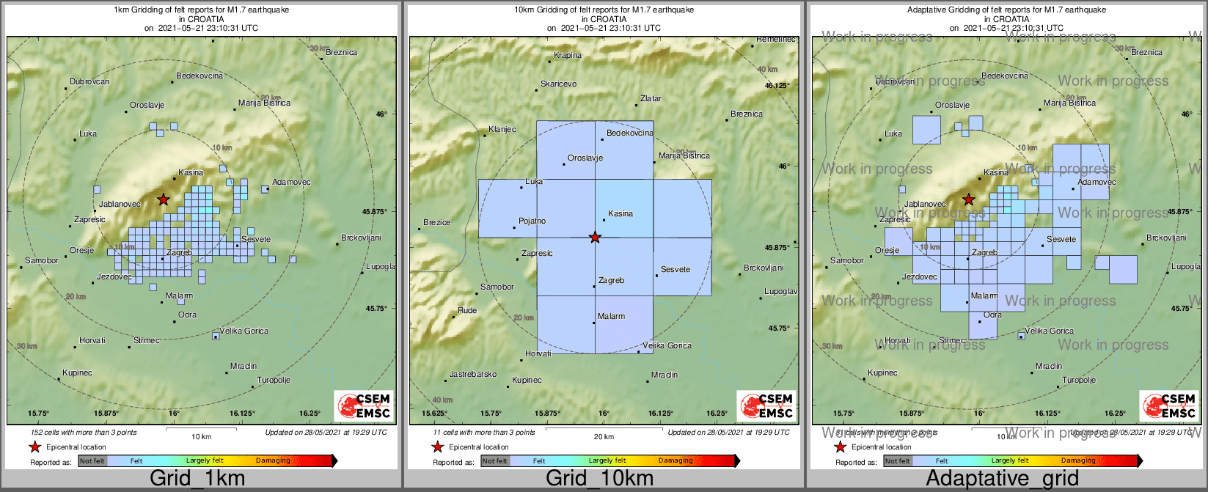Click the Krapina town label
pyautogui.click(x=567, y=56)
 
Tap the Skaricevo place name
pyautogui.click(x=558, y=84)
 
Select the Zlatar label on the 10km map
pyautogui.click(x=651, y=98)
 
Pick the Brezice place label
pyautogui.click(x=436, y=223)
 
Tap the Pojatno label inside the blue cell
pyautogui.click(x=532, y=221)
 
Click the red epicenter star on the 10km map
pyautogui.click(x=595, y=237)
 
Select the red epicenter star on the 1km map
pyautogui.click(x=164, y=199)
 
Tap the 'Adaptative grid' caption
pyautogui.click(x=1002, y=479)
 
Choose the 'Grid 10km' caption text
pyautogui.click(x=599, y=479)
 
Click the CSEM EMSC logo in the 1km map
pyautogui.click(x=364, y=406)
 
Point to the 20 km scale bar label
pyautogui.click(x=604, y=437)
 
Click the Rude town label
pyautogui.click(x=467, y=311)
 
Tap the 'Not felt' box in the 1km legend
pyautogui.click(x=92, y=461)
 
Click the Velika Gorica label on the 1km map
pyautogui.click(x=245, y=331)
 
